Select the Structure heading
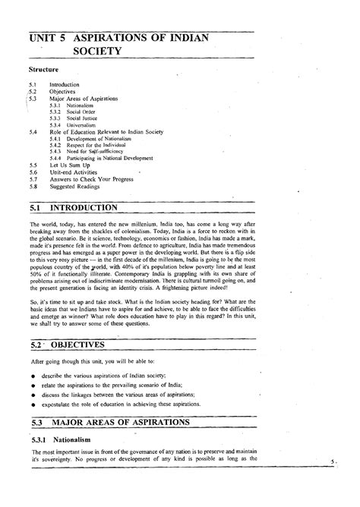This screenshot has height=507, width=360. coord(43,70)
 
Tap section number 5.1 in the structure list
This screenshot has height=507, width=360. coord(31,84)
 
